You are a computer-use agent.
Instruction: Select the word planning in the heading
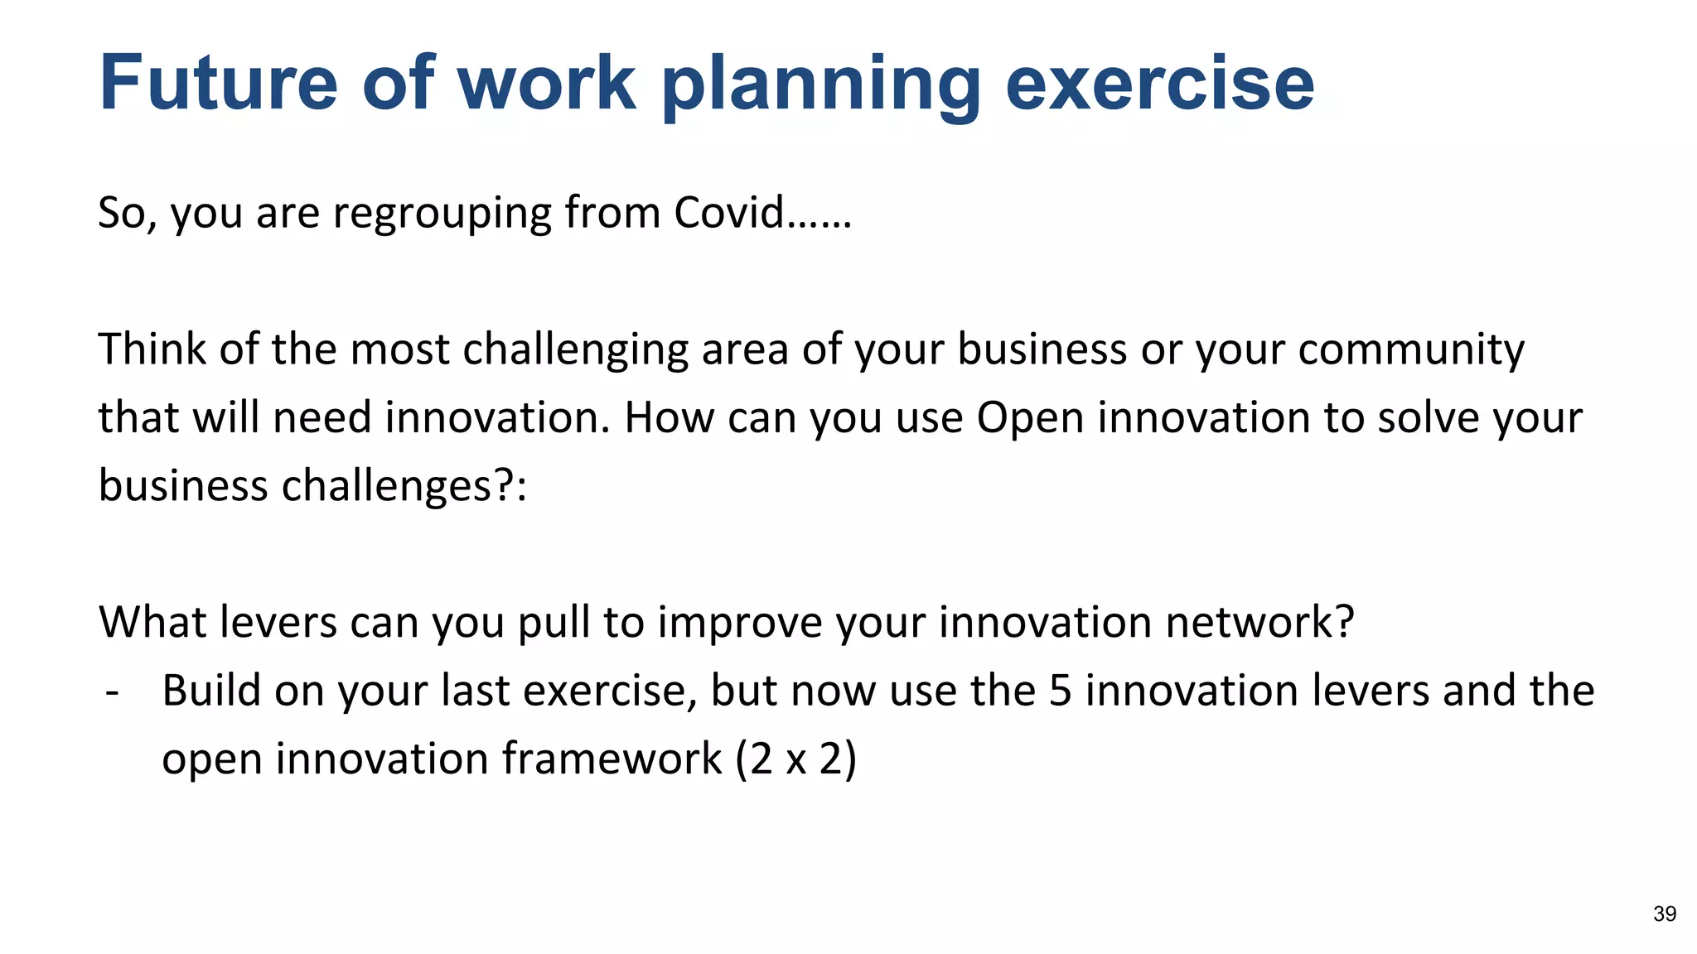[x=821, y=86]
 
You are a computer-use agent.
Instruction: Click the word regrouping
[x=442, y=214]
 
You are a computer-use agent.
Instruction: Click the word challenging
[x=575, y=350]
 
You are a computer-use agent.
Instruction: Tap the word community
[x=1410, y=350]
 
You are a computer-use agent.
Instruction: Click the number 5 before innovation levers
[x=1060, y=691]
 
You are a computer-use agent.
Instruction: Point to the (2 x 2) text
[x=795, y=759]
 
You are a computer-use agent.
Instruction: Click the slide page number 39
[x=1664, y=913]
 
